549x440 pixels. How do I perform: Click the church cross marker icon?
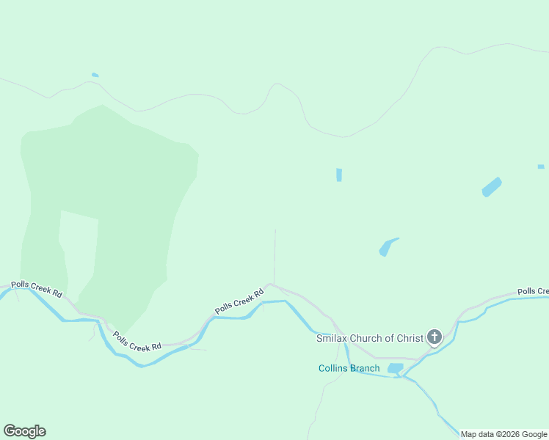point(434,337)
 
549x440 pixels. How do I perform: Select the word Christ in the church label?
point(409,338)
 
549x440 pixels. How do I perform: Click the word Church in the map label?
point(370,338)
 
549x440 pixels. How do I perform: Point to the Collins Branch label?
point(349,368)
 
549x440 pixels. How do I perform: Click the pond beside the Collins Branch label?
point(395,368)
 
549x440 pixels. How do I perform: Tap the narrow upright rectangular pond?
point(339,175)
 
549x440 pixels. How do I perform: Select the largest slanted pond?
point(491,187)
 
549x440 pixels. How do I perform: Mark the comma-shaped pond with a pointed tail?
point(387,247)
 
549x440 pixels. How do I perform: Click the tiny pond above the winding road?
point(95,75)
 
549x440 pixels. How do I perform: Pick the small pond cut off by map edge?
point(541,166)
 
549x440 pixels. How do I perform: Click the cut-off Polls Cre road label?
point(532,291)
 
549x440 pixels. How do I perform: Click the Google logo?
point(24,431)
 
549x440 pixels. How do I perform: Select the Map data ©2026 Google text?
point(503,434)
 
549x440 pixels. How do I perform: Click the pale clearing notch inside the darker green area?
point(78,242)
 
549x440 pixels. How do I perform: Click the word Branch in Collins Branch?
point(365,368)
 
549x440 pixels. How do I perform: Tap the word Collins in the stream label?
point(333,368)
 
